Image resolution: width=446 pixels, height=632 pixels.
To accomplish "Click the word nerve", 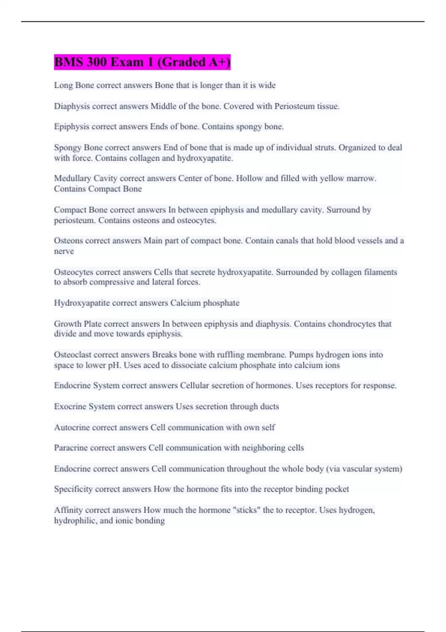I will [x=64, y=251].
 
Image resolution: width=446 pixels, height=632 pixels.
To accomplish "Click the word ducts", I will [x=269, y=407].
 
